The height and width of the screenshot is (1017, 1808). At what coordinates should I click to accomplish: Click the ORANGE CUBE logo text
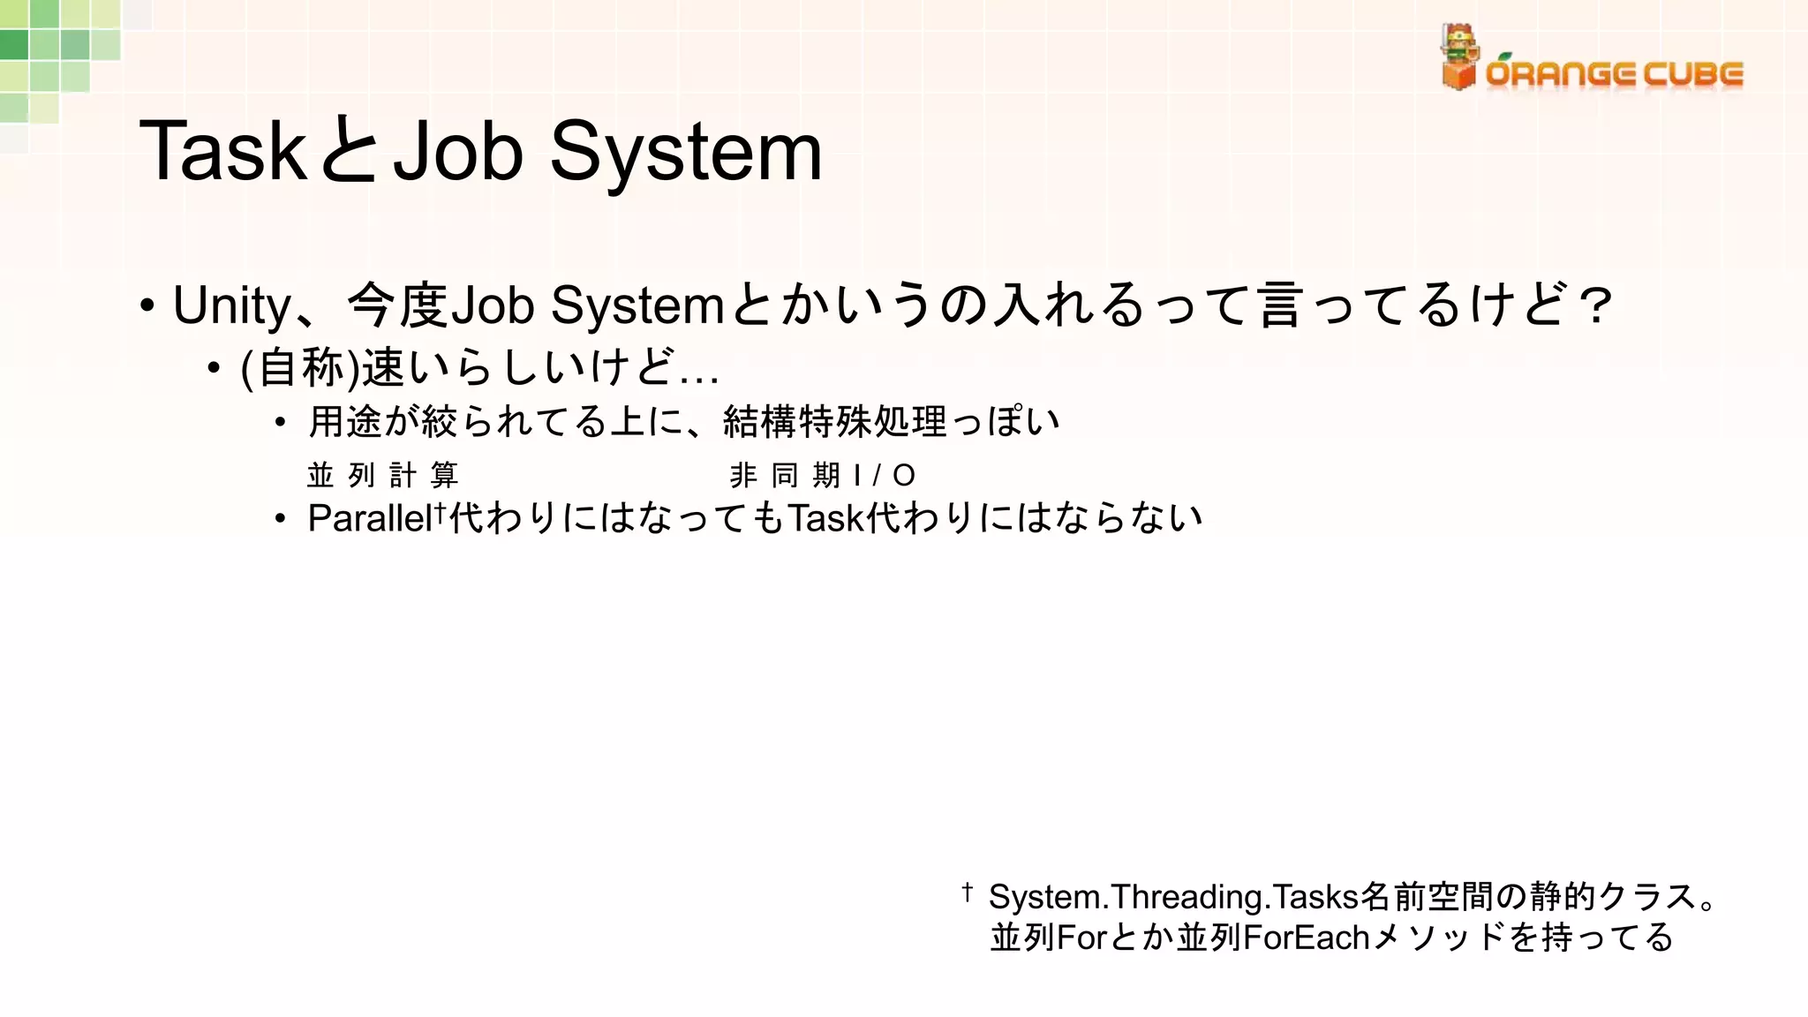[1614, 74]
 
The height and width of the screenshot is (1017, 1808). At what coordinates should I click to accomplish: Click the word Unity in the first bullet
[231, 306]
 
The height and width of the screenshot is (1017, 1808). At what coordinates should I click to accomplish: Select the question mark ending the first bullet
[1595, 306]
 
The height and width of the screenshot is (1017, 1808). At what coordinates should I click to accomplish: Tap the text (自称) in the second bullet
[300, 368]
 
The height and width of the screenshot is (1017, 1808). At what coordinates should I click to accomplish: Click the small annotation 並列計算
[382, 476]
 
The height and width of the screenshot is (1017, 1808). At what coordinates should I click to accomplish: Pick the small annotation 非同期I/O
[822, 476]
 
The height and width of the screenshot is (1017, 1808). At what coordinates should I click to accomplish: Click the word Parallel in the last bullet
[369, 518]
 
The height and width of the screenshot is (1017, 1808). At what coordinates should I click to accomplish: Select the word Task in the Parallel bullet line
[825, 518]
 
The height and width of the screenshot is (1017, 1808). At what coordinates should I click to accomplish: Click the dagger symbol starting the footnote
[968, 893]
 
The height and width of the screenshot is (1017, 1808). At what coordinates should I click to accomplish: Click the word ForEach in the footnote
[1307, 938]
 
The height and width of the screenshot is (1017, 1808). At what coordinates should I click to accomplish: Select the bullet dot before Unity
[147, 306]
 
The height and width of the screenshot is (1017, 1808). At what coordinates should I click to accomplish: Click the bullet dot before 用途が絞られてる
[280, 423]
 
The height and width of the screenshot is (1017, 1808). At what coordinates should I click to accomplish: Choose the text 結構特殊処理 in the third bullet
[834, 422]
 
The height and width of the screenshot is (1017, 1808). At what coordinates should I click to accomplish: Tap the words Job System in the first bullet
[587, 306]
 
